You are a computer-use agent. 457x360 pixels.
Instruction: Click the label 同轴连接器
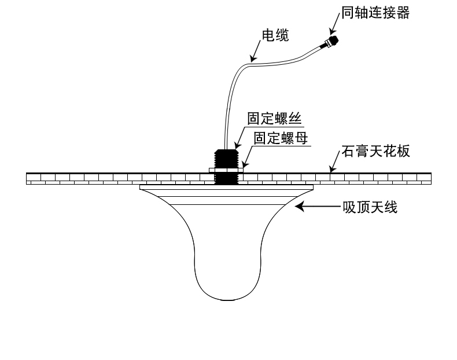coord(375,13)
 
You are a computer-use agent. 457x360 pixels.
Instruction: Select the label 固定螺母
coord(281,138)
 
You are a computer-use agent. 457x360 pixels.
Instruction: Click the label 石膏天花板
coord(375,152)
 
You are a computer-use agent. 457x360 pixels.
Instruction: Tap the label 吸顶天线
coord(370,207)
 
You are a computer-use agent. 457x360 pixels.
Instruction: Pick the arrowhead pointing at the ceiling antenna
coord(300,206)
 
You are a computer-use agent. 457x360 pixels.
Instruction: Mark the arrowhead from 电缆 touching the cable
coord(252,58)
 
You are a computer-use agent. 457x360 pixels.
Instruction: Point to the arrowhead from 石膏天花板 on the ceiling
coord(332,169)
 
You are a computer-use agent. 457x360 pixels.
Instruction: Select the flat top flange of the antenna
coord(226,187)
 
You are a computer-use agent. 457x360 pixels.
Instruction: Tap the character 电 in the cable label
coord(268,36)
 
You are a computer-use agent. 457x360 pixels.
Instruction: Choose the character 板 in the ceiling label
coord(403,152)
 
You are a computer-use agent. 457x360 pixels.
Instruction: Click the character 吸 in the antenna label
coord(349,207)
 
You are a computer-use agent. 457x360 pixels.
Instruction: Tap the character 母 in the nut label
coord(301,138)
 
